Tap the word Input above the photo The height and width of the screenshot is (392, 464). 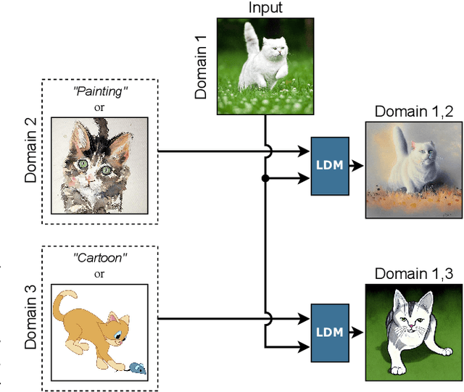(265, 9)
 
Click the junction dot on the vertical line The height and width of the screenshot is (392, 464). (265, 178)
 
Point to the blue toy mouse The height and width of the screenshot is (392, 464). (136, 368)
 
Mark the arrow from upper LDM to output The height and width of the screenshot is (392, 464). (356, 165)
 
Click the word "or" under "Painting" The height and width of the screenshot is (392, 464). (99, 108)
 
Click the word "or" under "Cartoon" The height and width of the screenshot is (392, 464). (99, 273)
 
